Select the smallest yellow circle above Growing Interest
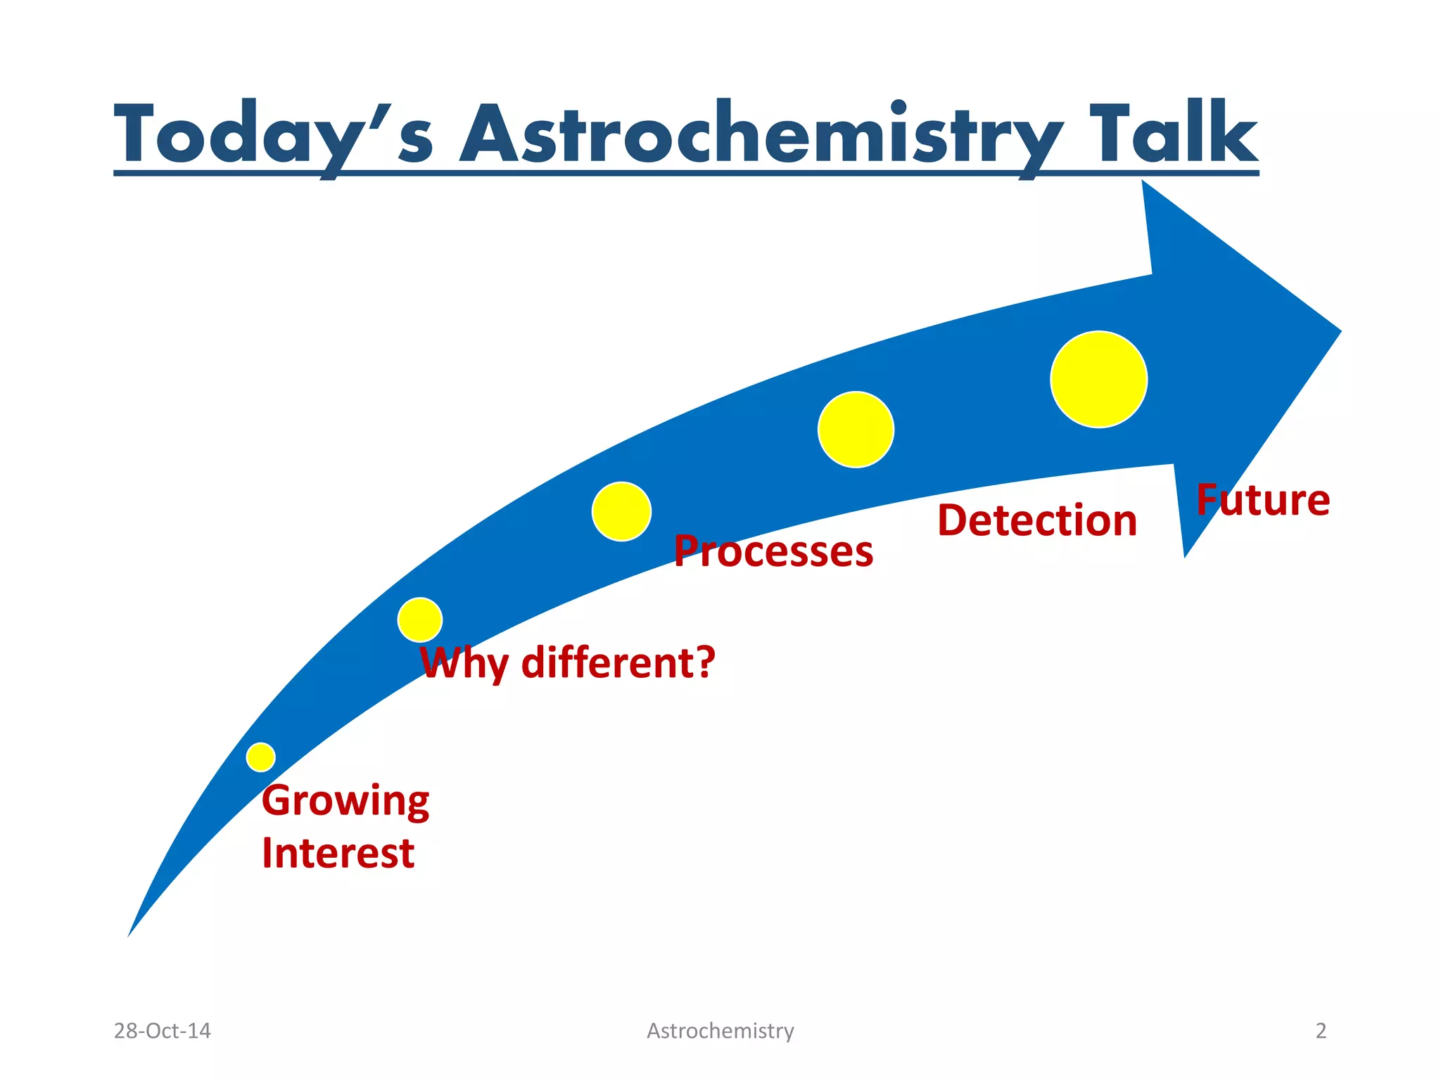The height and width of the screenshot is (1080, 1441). (x=261, y=757)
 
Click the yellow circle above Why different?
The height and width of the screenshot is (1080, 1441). (x=420, y=619)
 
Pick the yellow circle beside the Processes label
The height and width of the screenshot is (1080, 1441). (x=621, y=511)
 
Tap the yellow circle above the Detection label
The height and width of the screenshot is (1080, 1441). (x=856, y=429)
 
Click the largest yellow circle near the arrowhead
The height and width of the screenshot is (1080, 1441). (x=1098, y=379)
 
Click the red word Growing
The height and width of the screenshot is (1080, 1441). (x=345, y=802)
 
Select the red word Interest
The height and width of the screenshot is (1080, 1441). (x=338, y=854)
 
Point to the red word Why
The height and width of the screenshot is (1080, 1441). (x=464, y=663)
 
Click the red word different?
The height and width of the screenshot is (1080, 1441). (x=618, y=662)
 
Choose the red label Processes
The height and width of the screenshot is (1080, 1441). (x=773, y=551)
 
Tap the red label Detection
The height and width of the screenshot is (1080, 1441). (x=1036, y=521)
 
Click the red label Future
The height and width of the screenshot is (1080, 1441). (x=1262, y=500)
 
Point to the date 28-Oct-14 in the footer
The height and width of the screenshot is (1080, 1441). (x=162, y=1031)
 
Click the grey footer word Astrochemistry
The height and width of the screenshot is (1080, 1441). (x=720, y=1031)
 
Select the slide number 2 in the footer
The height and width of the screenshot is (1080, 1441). (x=1321, y=1031)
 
